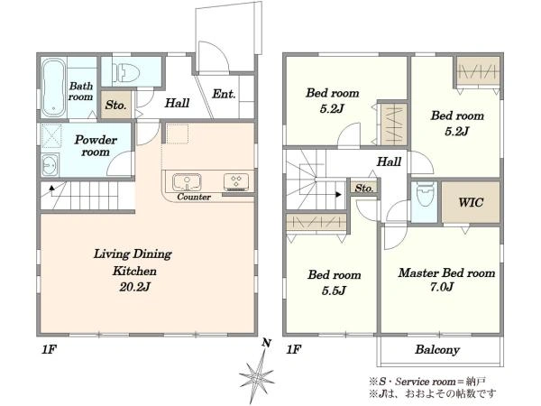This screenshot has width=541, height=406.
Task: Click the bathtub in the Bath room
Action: pyautogui.click(x=53, y=88)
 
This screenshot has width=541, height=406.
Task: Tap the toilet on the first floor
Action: pyautogui.click(x=126, y=72)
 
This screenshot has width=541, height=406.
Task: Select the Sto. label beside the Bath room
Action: pyautogui.click(x=116, y=105)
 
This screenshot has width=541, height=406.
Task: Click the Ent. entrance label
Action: pyautogui.click(x=224, y=94)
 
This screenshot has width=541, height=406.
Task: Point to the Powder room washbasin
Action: pyautogui.click(x=50, y=165)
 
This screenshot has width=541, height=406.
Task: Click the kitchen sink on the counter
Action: pyautogui.click(x=187, y=181)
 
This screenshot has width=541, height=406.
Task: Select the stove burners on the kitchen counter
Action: pyautogui.click(x=236, y=181)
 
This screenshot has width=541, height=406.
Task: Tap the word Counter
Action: pyautogui.click(x=194, y=197)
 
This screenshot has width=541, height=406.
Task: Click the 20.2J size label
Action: pyautogui.click(x=135, y=287)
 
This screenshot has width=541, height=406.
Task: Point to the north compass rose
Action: pyautogui.click(x=257, y=374)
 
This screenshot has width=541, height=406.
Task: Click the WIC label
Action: pyautogui.click(x=471, y=202)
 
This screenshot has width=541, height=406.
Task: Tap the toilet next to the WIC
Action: pyautogui.click(x=425, y=194)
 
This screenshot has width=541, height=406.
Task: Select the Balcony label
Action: pyautogui.click(x=437, y=350)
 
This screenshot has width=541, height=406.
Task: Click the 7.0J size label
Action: pyautogui.click(x=442, y=287)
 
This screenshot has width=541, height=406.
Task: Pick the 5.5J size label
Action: pyautogui.click(x=334, y=291)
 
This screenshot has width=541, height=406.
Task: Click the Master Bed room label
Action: pyautogui.click(x=447, y=272)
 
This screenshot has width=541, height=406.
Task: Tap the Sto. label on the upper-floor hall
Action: pyautogui.click(x=364, y=189)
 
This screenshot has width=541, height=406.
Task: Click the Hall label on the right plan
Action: pyautogui.click(x=389, y=161)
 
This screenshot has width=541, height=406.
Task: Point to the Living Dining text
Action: pyautogui.click(x=133, y=254)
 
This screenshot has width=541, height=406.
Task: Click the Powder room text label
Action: pyautogui.click(x=96, y=145)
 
